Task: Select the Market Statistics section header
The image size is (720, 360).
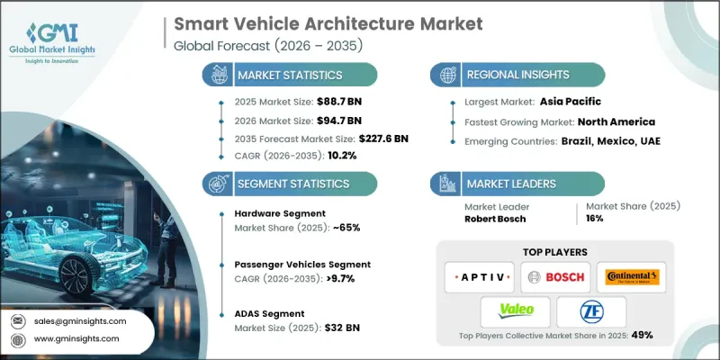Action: point(288,75)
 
